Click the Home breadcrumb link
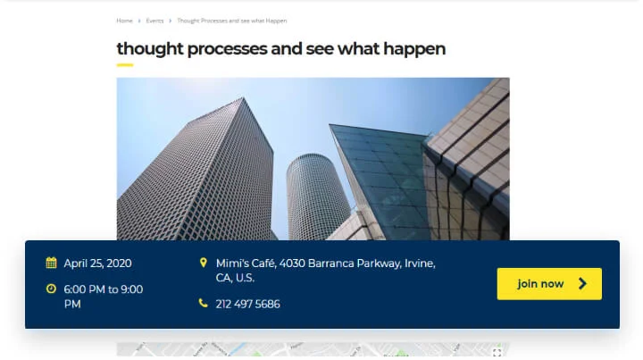pos(124,21)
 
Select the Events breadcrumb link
pos(154,21)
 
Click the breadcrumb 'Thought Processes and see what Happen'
pos(231,21)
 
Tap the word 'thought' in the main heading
pos(149,48)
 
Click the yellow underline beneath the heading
pos(124,64)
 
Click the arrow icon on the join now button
pos(583,284)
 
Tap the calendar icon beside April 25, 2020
pos(51,263)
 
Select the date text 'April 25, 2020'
pos(97,263)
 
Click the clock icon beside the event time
pos(51,289)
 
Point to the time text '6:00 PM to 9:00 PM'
pos(103,296)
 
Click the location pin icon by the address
pos(204,263)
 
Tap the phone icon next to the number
pos(204,304)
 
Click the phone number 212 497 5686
pos(247,304)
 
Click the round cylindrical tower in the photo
pos(317,197)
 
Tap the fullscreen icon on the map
pos(497,353)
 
